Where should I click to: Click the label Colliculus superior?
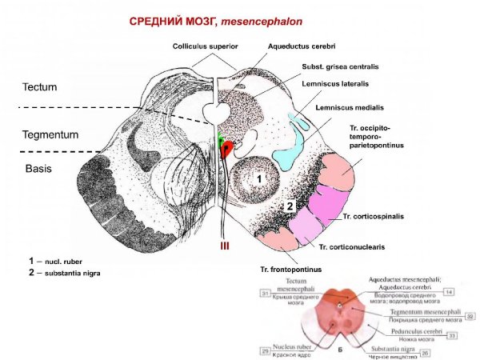click(206, 47)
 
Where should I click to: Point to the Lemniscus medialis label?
click(349, 107)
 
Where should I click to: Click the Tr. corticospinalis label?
click(374, 217)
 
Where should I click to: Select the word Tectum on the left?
click(39, 86)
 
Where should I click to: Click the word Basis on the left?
click(36, 169)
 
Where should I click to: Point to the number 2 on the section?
click(282, 206)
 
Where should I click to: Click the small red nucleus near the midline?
click(227, 148)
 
